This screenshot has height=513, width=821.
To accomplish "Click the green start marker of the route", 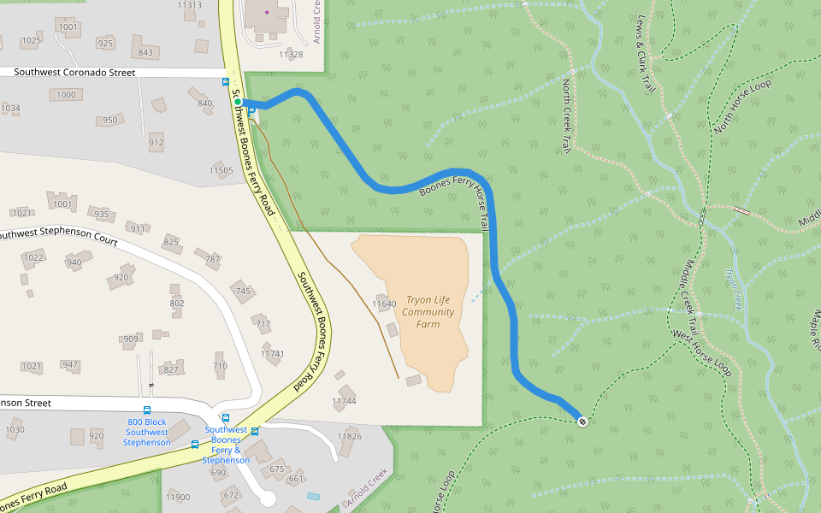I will pos(238,102).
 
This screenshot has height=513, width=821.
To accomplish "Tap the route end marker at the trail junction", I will pos(582,421).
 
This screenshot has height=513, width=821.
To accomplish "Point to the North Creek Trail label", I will pos(566,116).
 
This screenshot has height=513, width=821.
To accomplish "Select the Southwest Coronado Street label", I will pos(75,73).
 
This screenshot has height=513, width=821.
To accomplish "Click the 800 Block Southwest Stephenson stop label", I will pos(147,432).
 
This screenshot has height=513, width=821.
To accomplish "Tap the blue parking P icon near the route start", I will pos(251,112).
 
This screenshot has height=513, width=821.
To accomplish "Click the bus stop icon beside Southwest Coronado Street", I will pos(225,82).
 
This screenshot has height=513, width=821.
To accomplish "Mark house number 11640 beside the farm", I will pos(385,304).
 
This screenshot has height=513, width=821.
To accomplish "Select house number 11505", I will pos(221,171).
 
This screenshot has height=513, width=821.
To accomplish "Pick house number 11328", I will pos(291,54).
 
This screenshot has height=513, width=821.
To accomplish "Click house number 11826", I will pos(349,436).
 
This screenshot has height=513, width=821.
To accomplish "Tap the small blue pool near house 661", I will pos(313,496).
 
